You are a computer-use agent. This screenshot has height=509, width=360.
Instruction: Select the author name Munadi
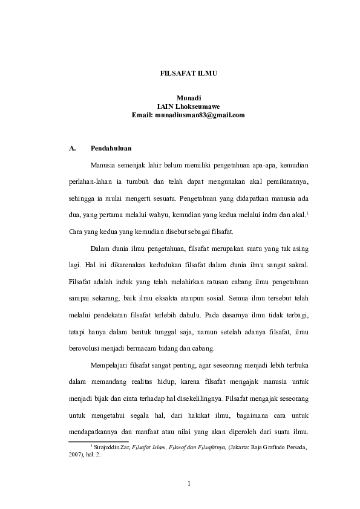pyautogui.click(x=188, y=97)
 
